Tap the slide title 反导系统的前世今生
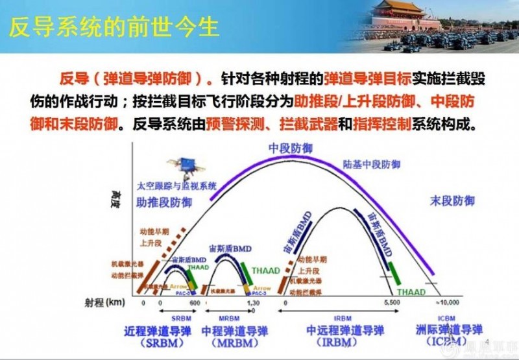point(114,28)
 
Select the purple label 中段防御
point(290,149)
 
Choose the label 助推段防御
point(164,202)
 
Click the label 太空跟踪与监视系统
point(175,186)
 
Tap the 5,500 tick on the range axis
point(391,303)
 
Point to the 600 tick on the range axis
point(195,303)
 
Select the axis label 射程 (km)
point(106,302)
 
